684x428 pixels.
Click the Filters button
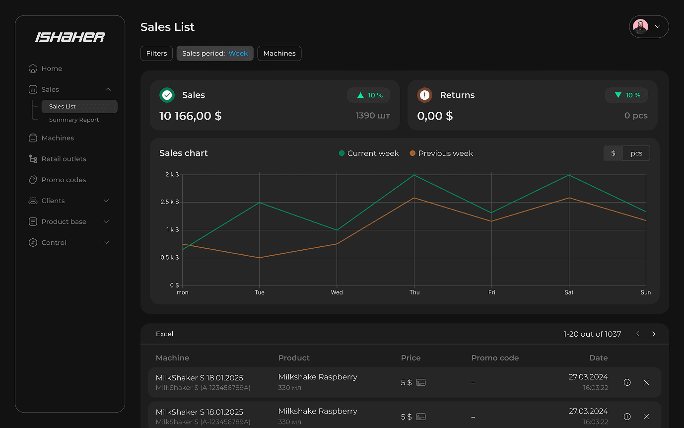click(x=156, y=53)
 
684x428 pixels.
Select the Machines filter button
click(x=279, y=53)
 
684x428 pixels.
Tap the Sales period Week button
click(x=215, y=53)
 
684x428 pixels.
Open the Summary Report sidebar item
click(x=74, y=120)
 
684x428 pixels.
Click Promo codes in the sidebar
click(x=64, y=180)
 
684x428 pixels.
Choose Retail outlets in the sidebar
click(x=64, y=159)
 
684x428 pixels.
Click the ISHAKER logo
click(x=70, y=37)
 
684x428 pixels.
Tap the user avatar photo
click(x=641, y=27)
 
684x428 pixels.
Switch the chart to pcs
click(x=636, y=153)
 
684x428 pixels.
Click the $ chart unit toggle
click(x=613, y=153)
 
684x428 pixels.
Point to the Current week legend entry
click(x=369, y=153)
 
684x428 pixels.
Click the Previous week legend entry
click(x=441, y=153)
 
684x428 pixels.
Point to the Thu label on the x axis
click(x=414, y=292)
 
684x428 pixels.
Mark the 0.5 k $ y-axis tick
click(x=170, y=258)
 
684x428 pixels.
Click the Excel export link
click(x=165, y=334)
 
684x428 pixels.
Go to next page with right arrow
click(x=654, y=334)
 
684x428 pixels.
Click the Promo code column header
click(x=495, y=358)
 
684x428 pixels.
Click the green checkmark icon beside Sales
click(x=167, y=95)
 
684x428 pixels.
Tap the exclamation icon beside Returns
click(x=424, y=95)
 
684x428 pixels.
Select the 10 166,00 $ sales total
click(x=191, y=116)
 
